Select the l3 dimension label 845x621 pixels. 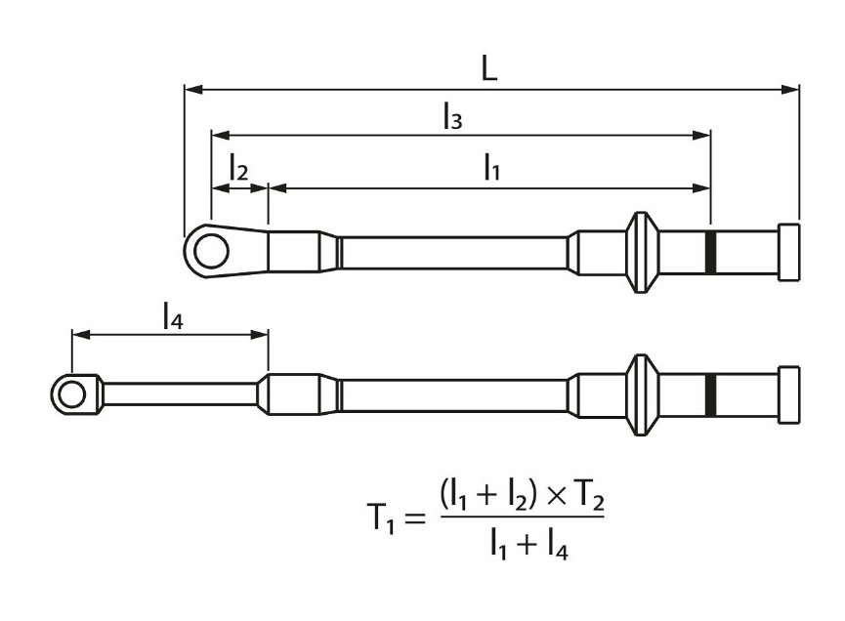click(451, 117)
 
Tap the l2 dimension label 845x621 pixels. click(238, 168)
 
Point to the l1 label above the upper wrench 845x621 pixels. click(491, 168)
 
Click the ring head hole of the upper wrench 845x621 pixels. click(207, 251)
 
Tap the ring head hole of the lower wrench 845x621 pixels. click(70, 394)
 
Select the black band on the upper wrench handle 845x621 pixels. click(710, 252)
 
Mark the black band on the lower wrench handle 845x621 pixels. click(710, 394)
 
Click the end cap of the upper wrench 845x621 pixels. click(789, 252)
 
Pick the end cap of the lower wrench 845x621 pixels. click(789, 394)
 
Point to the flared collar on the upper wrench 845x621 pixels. click(642, 252)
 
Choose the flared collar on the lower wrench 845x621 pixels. click(642, 394)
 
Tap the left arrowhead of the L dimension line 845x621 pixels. click(192, 90)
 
